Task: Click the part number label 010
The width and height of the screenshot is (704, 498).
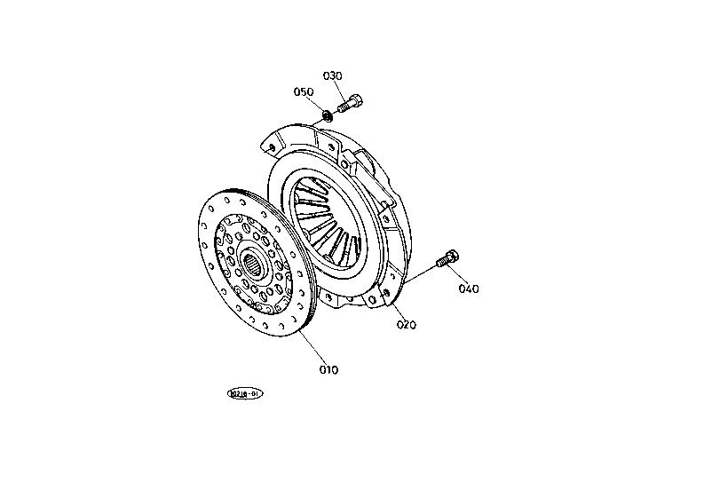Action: (328, 369)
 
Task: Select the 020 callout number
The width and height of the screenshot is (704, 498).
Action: (407, 324)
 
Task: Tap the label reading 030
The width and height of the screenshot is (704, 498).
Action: (332, 75)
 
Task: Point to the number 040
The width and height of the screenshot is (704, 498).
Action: (469, 289)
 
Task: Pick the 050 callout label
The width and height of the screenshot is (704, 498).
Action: (304, 91)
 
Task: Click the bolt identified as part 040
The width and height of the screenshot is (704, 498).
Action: (447, 259)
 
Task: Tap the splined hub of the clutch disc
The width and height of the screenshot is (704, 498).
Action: (254, 264)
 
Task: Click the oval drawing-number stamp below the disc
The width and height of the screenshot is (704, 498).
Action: (245, 392)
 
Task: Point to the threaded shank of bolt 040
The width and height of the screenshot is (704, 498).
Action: (441, 262)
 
